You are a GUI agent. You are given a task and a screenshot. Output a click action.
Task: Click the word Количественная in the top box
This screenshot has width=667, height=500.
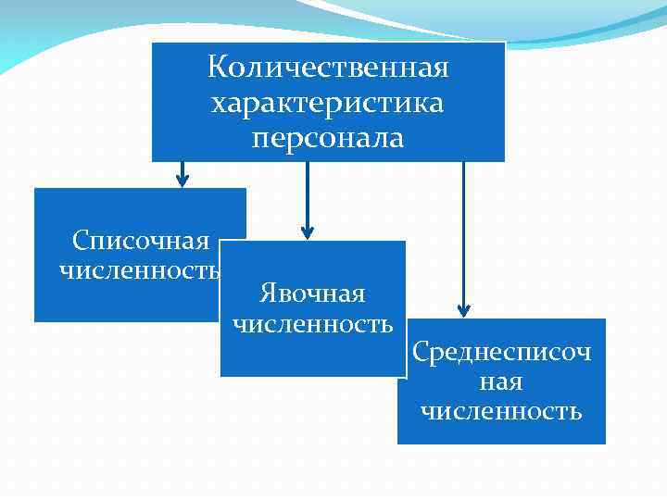328,68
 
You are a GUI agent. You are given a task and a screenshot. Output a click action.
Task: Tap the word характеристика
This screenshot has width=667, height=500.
328,103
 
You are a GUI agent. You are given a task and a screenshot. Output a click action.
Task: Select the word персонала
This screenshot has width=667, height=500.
328,139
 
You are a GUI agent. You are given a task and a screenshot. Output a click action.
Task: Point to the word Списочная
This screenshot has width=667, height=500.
141,242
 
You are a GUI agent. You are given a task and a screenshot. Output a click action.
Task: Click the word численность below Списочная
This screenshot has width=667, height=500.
140,270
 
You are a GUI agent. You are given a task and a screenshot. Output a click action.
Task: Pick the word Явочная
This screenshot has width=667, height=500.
312,294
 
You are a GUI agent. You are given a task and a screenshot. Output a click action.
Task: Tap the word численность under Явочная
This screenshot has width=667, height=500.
313,324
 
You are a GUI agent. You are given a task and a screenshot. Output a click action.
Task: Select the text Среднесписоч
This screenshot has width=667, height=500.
501,352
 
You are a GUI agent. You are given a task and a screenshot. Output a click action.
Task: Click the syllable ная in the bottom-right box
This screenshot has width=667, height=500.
501,381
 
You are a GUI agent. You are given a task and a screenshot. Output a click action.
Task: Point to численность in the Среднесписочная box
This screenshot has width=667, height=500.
501,411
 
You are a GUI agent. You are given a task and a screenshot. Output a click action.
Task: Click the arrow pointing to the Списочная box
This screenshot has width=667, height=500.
182,172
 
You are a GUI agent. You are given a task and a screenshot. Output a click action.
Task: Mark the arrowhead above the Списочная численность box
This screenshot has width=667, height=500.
182,181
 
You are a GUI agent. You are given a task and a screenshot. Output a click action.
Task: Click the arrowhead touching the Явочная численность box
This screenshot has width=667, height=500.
308,233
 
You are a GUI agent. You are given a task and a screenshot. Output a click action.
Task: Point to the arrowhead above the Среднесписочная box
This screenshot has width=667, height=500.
464,311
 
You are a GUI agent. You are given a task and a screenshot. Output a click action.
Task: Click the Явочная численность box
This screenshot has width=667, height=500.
313,356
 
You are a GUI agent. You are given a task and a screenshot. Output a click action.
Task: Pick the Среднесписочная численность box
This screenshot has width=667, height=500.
501,431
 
